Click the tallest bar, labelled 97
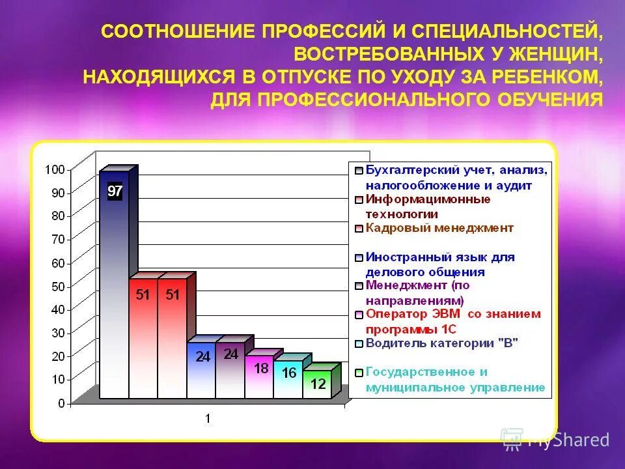pos(115,287)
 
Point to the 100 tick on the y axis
pos(55,169)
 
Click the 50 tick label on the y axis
pos(57,286)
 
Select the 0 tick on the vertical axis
pos(61,403)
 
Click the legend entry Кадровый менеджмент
pos(439,228)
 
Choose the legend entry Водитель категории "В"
pos(441,343)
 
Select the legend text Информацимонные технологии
pos(427,206)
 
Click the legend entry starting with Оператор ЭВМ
pos(452,320)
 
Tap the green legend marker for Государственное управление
pos(358,373)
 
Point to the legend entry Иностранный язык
pos(439,264)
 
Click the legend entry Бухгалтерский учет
pos(456,177)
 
